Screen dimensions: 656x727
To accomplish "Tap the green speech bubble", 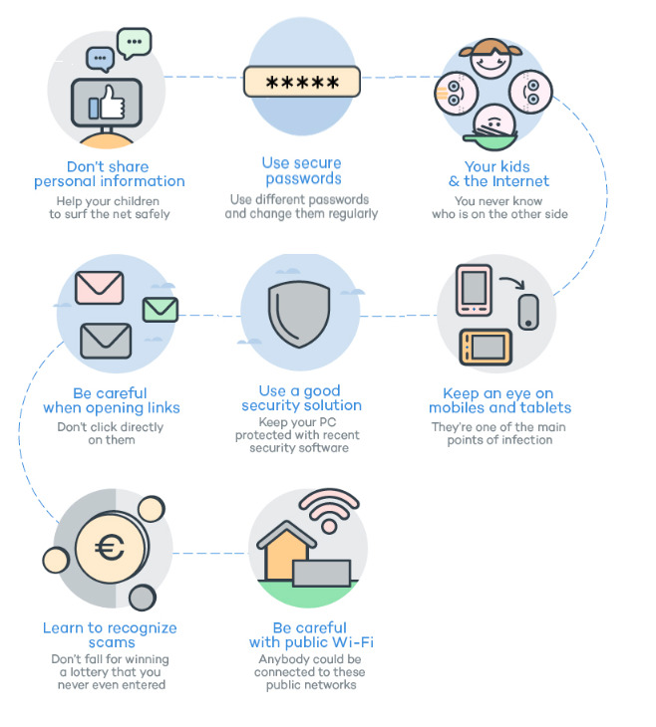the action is (x=135, y=43).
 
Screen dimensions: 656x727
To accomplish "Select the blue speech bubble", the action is (x=101, y=59).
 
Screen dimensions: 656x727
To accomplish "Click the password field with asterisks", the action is (x=302, y=82).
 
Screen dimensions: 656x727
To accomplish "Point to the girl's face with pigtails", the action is (x=491, y=59).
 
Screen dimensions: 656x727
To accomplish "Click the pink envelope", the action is (x=100, y=288).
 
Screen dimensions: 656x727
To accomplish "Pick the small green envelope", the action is (x=161, y=310).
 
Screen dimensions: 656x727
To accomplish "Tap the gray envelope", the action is (x=106, y=341).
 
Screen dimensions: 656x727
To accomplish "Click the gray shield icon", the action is (x=299, y=314).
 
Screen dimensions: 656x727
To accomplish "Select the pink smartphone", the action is (x=474, y=290).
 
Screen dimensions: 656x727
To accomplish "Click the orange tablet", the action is (x=486, y=348).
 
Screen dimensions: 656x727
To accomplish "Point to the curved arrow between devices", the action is (x=512, y=282).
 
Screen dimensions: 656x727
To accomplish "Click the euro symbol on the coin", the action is (x=110, y=548).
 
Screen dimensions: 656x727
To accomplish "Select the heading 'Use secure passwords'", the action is (x=302, y=170).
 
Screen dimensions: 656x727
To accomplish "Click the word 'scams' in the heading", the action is (x=112, y=642).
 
